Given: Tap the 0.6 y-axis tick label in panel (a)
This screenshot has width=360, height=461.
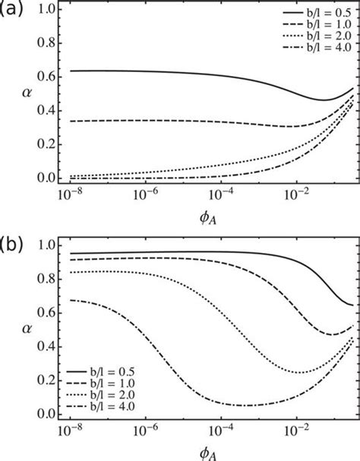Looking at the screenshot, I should (x=46, y=77).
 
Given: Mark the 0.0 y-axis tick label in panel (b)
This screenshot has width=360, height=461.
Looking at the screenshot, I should (x=46, y=414).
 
